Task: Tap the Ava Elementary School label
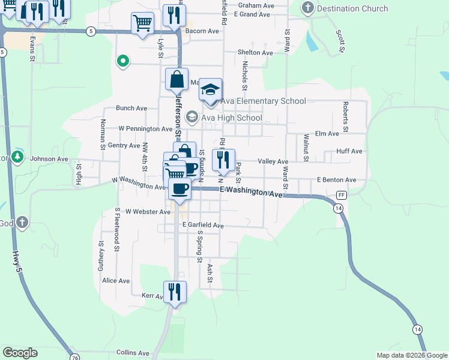point(263,101)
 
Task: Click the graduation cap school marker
point(211,90)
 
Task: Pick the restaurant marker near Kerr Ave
point(175,292)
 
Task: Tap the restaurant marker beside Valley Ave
point(223,160)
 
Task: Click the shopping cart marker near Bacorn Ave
point(142,24)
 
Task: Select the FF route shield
point(342,196)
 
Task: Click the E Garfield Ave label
point(203,226)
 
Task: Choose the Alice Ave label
point(116,280)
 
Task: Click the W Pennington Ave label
point(145,128)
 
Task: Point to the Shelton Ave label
point(255,53)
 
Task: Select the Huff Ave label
point(349,152)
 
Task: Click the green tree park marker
point(18,157)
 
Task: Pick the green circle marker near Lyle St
point(123,61)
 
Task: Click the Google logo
point(20,353)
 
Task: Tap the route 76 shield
point(74,358)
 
